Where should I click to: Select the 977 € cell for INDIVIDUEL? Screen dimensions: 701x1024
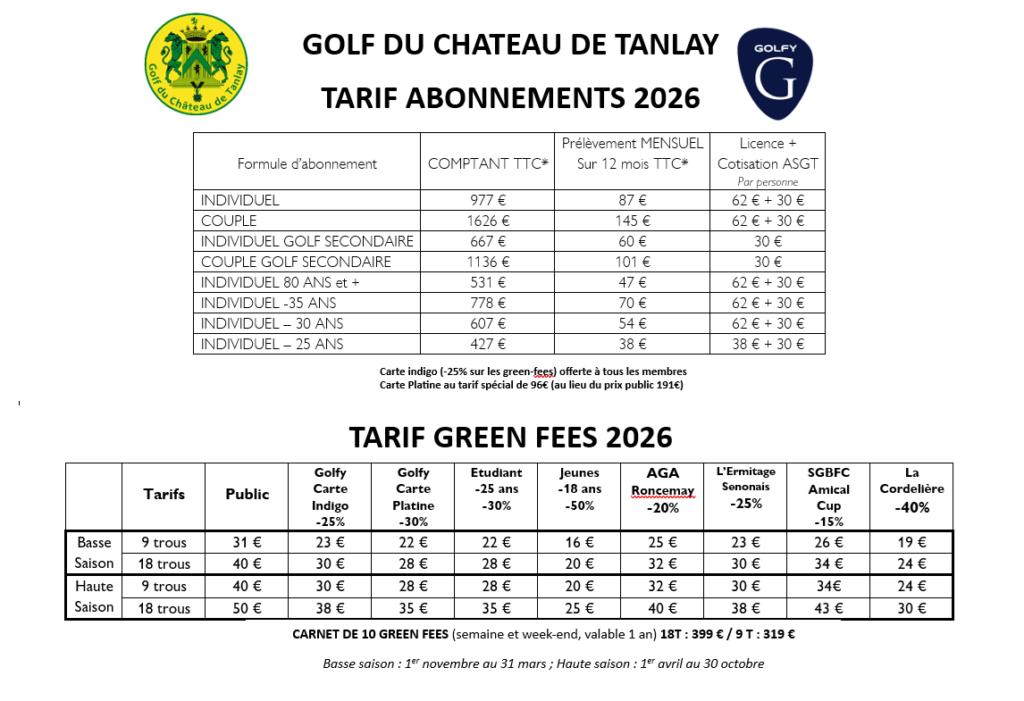(x=488, y=200)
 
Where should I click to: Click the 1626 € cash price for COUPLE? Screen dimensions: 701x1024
(x=488, y=220)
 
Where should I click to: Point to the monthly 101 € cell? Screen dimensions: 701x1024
(x=632, y=262)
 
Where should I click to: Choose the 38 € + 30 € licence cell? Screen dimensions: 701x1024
(x=768, y=344)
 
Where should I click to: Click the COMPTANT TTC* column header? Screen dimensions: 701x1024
(x=488, y=164)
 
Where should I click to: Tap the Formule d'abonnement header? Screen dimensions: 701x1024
(x=307, y=164)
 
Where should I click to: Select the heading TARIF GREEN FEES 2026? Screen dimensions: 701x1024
(x=510, y=438)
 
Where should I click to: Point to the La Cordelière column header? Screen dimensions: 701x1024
(x=911, y=490)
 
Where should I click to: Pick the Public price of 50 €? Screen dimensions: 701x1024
(x=246, y=607)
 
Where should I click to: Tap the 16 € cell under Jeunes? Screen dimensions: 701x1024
(x=580, y=543)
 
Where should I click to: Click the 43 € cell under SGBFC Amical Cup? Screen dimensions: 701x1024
(x=828, y=607)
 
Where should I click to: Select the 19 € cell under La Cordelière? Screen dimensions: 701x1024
(x=911, y=543)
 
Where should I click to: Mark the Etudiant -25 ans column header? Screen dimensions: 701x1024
(x=496, y=490)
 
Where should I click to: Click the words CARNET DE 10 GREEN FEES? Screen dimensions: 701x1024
(x=370, y=634)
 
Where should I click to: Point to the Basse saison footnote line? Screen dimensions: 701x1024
(x=544, y=664)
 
